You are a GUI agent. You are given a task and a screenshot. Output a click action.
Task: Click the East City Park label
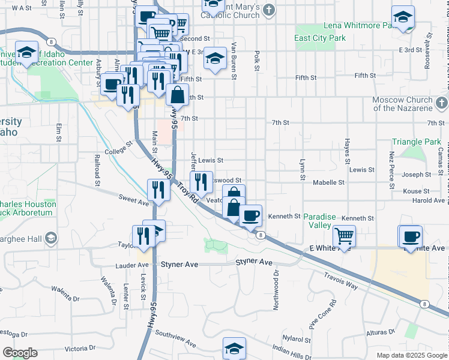coord(320,38)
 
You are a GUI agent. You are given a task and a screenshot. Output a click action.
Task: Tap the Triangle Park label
coord(416,142)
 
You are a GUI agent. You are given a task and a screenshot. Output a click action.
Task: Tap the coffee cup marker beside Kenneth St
coord(250,215)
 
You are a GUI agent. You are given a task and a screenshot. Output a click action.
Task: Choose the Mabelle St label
coord(328,182)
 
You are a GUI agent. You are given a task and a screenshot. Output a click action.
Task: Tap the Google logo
coord(20,353)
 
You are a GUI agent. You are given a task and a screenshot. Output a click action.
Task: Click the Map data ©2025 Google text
coord(411,355)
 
